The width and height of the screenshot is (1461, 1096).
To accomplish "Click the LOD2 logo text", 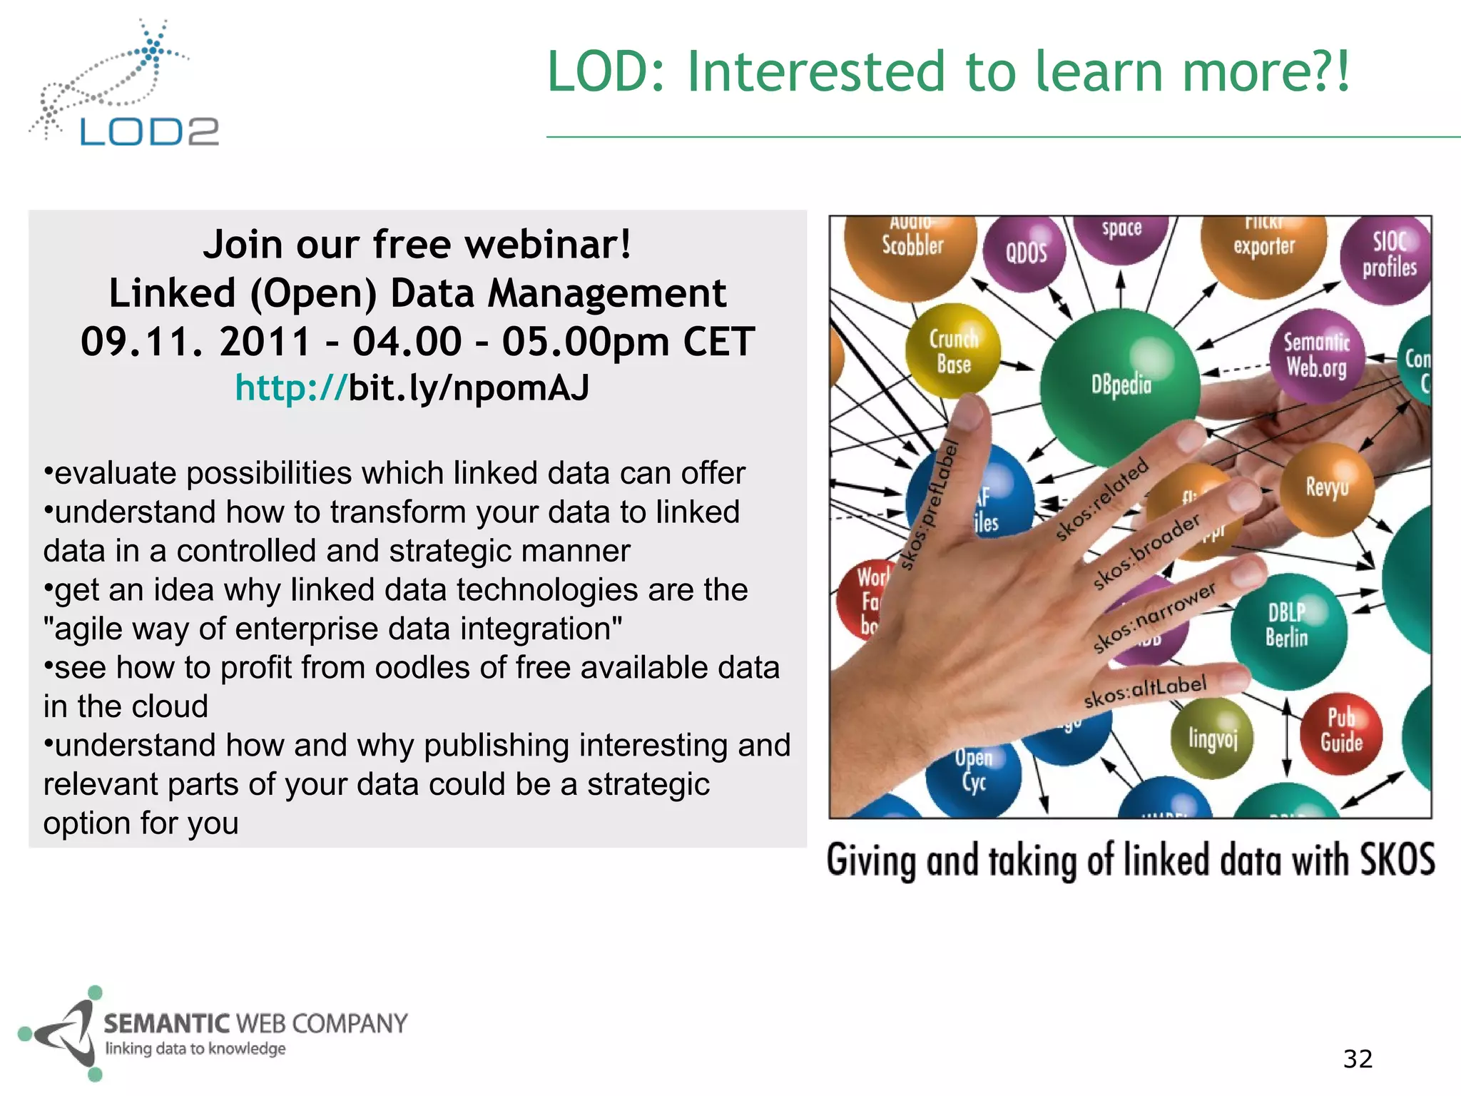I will click(148, 131).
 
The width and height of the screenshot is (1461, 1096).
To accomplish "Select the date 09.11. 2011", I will click(196, 341).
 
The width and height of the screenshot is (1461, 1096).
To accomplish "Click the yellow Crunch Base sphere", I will click(953, 350).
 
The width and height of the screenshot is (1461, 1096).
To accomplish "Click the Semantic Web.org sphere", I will click(1317, 355).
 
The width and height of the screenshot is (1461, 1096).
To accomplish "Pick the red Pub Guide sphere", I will click(1341, 731).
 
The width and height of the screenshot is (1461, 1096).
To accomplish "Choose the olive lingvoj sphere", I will click(1212, 739).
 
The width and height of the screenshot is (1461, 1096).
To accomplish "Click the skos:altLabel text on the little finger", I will click(1145, 691).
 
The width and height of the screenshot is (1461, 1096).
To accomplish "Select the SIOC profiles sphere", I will click(1388, 256).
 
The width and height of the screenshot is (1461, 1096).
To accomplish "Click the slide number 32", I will click(1358, 1059).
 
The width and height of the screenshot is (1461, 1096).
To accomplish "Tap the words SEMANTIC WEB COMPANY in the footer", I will click(255, 1023).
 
